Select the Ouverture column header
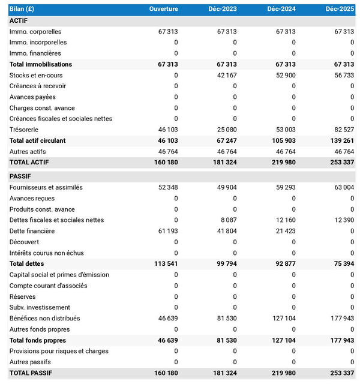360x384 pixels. coord(163,10)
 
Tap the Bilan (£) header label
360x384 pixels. coord(23,10)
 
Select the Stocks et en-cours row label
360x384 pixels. coord(36,75)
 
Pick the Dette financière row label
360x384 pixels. coord(32,231)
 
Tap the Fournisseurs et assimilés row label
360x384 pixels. coord(46,187)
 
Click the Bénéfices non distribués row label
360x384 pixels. coord(45,318)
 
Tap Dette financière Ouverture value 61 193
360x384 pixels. coord(168,231)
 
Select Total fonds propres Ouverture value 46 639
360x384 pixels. coord(167,340)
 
